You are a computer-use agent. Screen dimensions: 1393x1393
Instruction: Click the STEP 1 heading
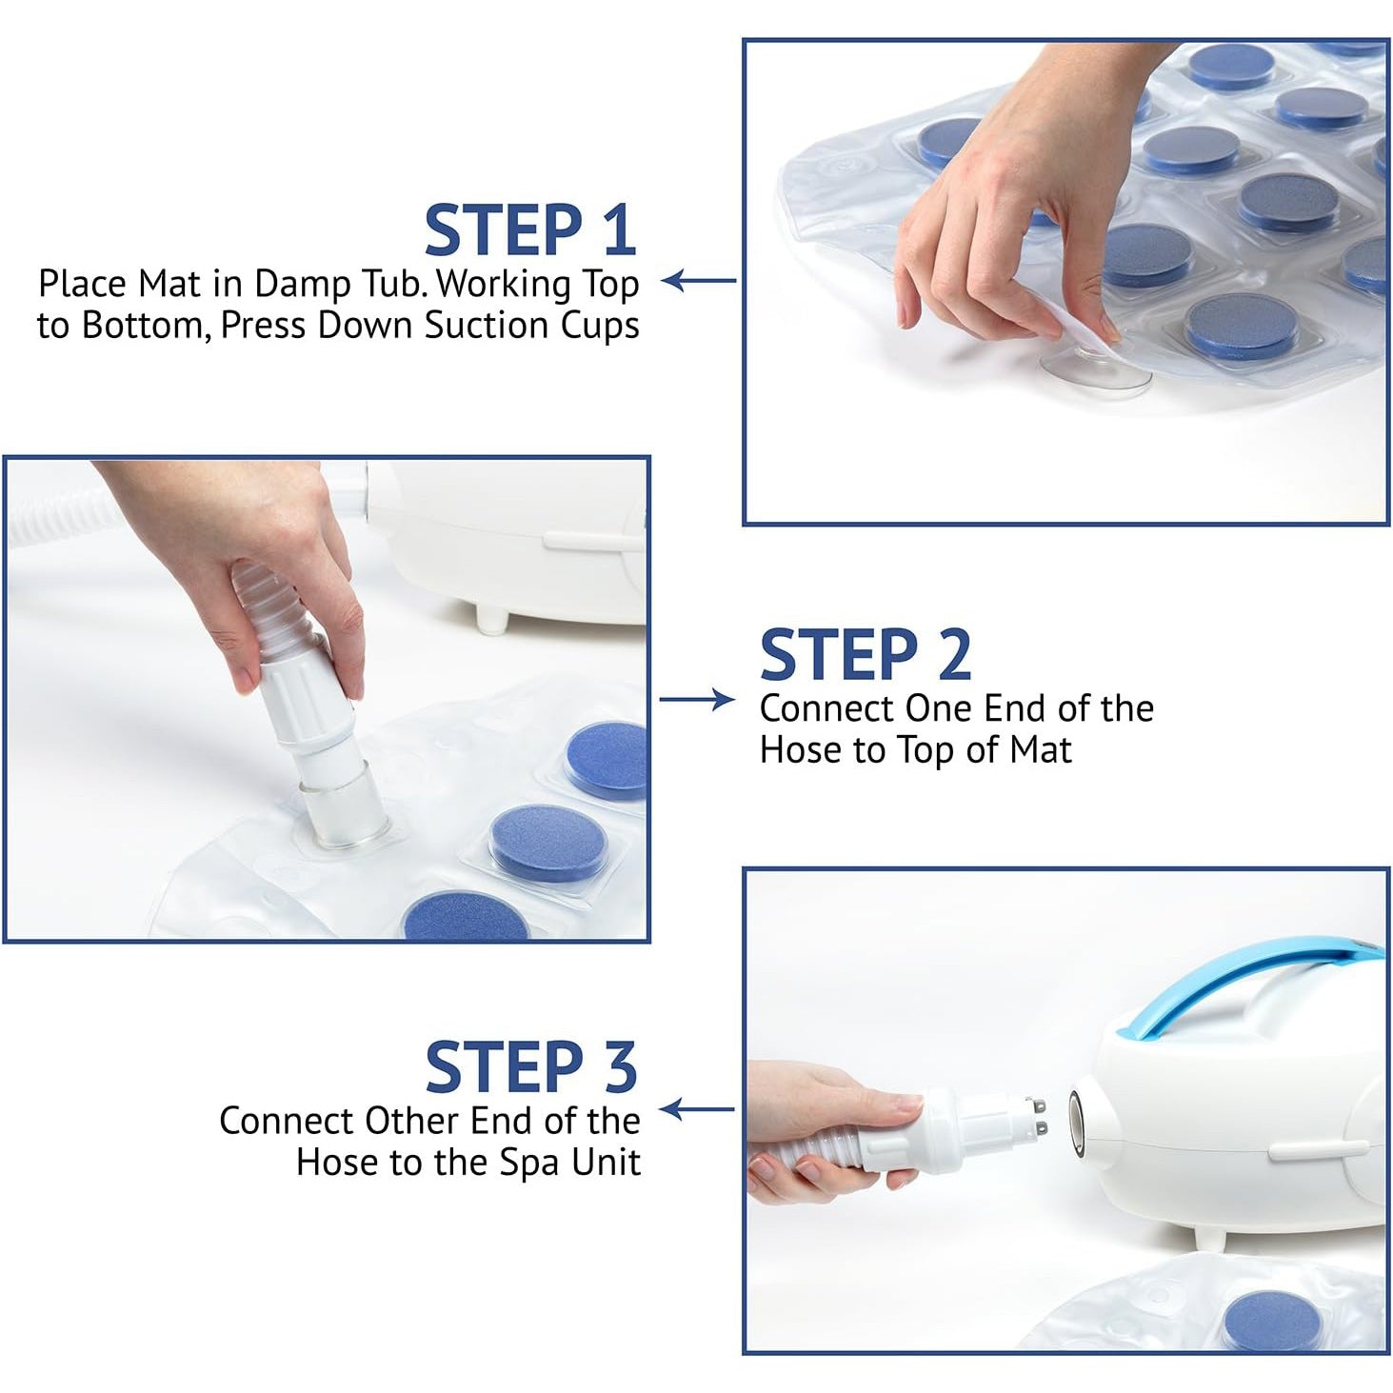tap(530, 229)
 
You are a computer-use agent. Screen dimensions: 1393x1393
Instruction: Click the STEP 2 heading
tap(866, 655)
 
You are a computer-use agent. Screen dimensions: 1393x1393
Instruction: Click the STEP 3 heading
tap(531, 1067)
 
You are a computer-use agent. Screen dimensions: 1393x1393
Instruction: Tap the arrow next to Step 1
tap(698, 281)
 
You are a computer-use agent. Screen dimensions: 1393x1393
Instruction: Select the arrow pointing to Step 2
tap(697, 699)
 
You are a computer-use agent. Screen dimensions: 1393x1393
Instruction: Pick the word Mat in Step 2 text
tap(1041, 749)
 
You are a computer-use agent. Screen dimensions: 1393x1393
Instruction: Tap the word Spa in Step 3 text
tap(530, 1161)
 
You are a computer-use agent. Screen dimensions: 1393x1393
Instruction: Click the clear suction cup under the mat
tap(1096, 368)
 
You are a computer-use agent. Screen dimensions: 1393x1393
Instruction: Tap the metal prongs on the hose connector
tap(1042, 1116)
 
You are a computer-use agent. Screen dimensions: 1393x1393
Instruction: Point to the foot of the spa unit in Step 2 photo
tap(494, 619)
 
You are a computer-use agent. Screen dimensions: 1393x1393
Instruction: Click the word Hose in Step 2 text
tap(803, 749)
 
